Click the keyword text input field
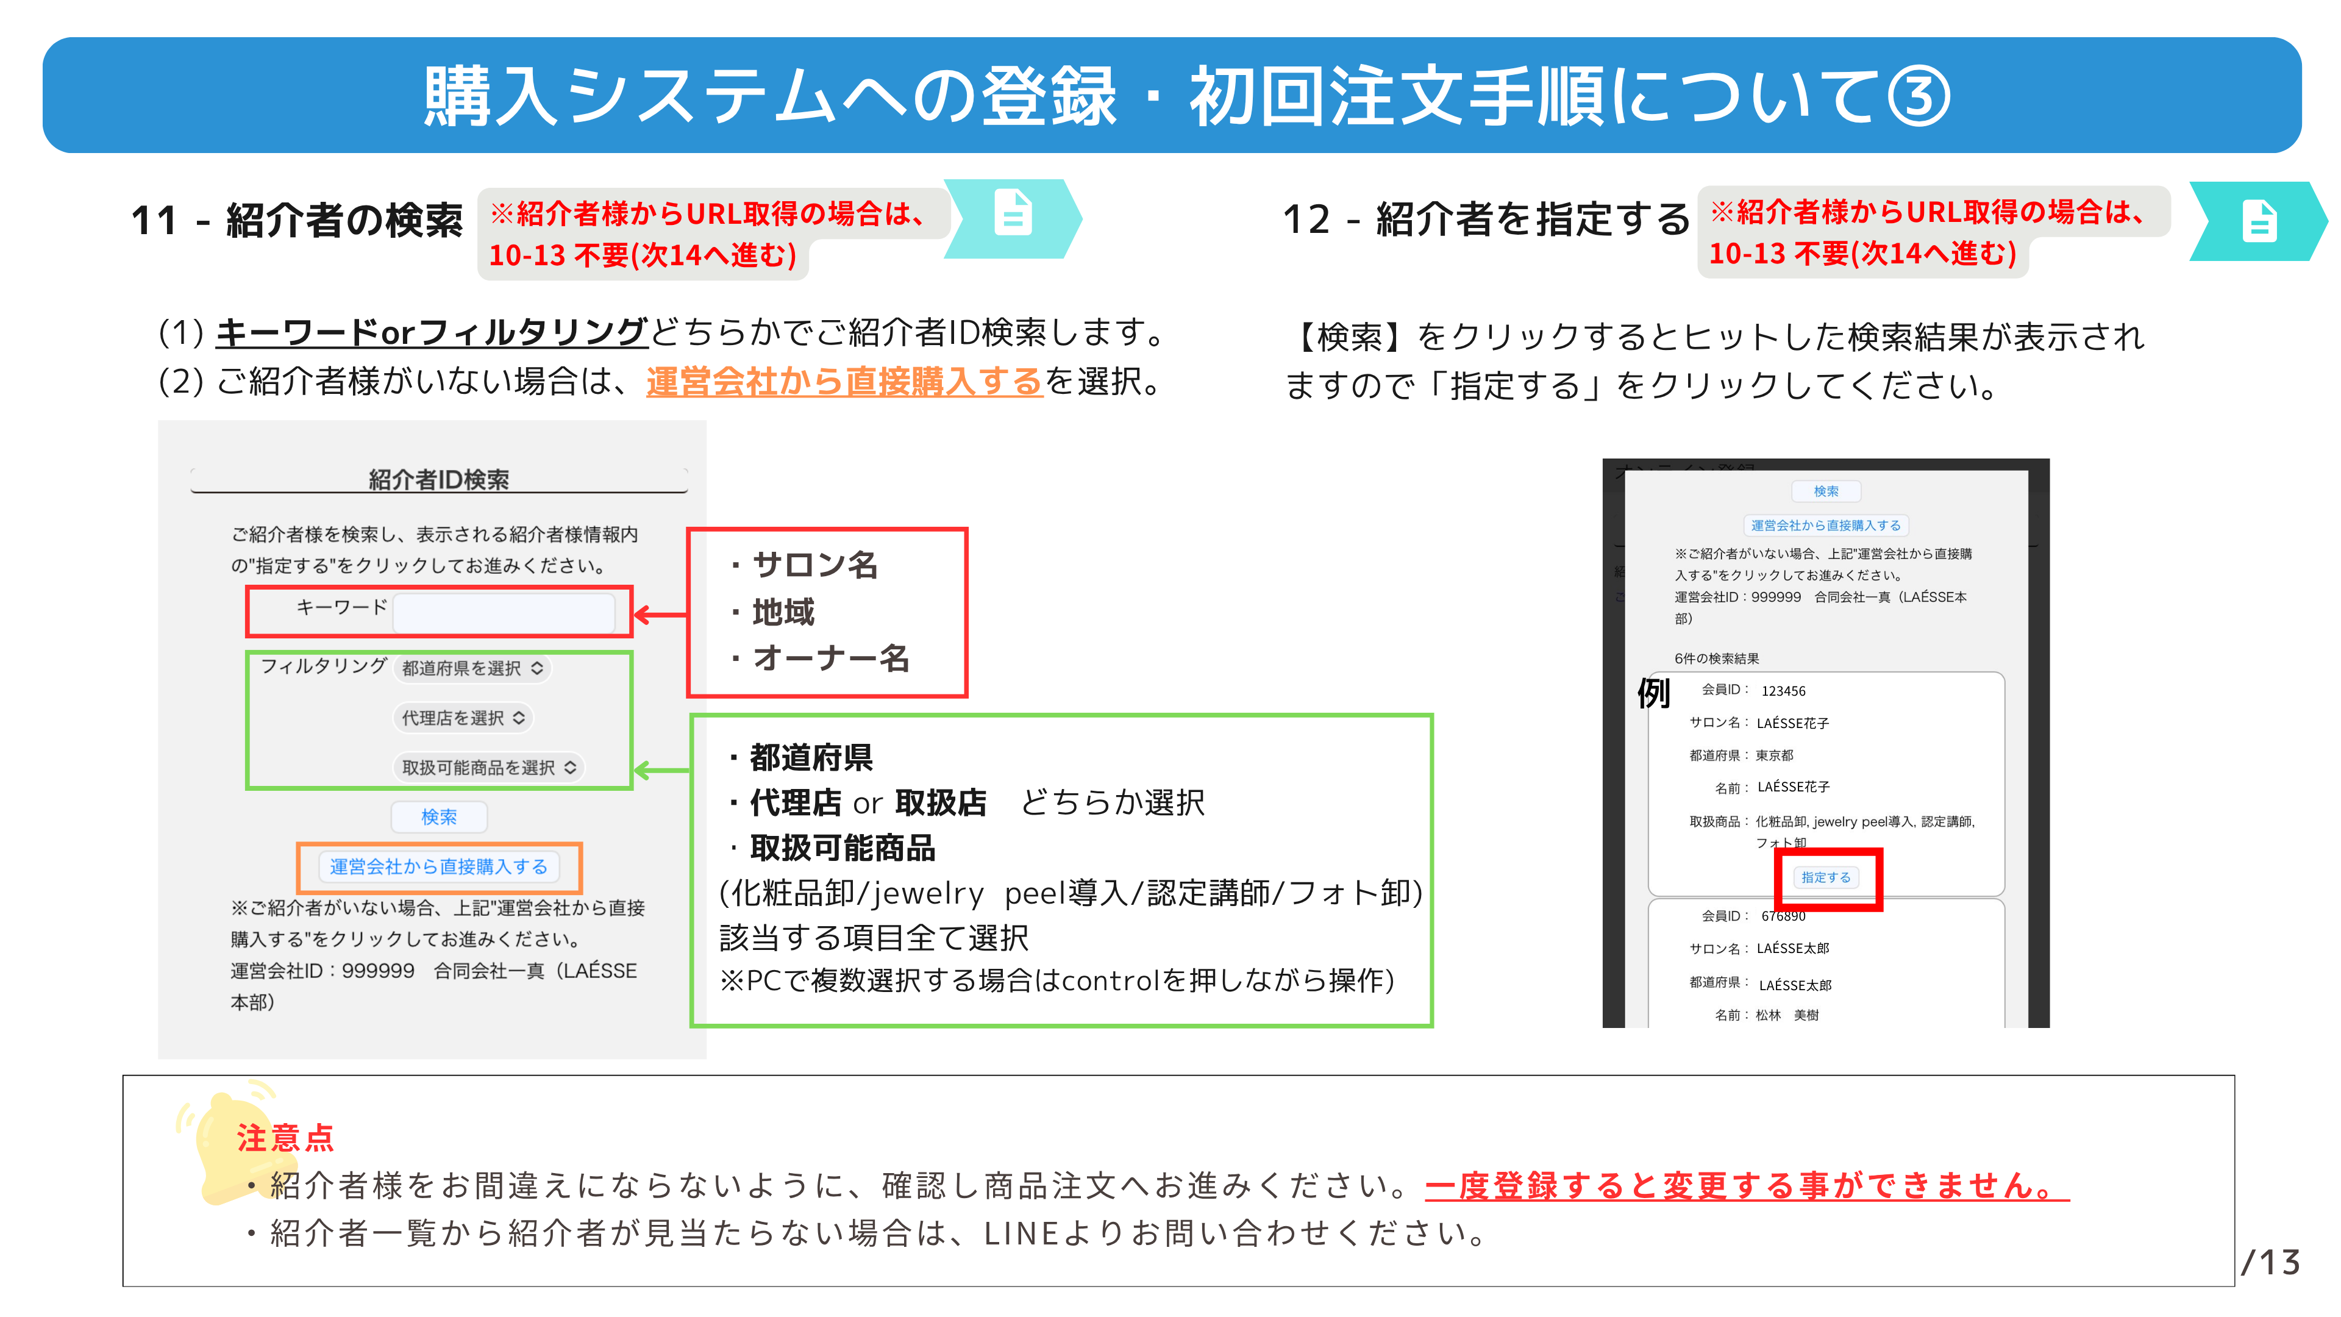point(504,612)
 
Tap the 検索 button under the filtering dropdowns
point(439,817)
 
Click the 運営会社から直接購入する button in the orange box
point(438,867)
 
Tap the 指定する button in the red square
point(1826,878)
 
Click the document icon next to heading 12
point(2259,221)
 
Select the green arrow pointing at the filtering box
point(661,771)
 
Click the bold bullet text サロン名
point(815,565)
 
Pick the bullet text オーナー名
point(830,658)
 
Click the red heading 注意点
point(285,1138)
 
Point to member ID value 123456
point(1783,691)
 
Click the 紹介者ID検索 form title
point(439,479)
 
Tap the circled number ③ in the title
point(1919,96)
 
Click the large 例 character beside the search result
point(1654,693)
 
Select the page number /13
point(2270,1262)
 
